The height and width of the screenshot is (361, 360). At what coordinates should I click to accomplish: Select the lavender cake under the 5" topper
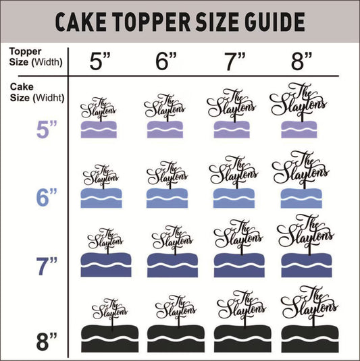click(x=99, y=129)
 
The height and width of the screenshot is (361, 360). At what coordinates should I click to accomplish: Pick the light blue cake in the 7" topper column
click(x=234, y=197)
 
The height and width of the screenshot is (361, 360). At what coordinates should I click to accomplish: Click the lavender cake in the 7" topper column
click(x=234, y=129)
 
